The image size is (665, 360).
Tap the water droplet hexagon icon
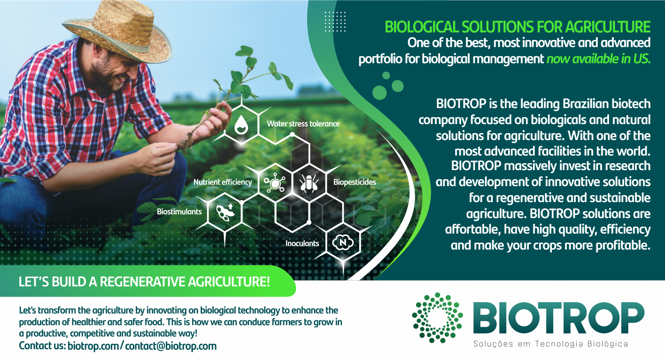(241, 125)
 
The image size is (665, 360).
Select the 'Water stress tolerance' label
(303, 124)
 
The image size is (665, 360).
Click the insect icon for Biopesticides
(309, 182)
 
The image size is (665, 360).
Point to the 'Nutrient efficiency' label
(223, 182)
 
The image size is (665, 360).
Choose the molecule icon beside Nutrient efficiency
(275, 183)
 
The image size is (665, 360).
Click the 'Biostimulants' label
(179, 212)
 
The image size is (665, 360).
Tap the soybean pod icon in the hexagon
(225, 212)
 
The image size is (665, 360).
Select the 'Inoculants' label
(302, 243)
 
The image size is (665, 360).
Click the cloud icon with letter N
(343, 243)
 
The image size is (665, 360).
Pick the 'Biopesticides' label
(355, 182)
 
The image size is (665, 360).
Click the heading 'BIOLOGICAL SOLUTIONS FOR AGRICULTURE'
(518, 27)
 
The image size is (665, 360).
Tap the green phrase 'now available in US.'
(598, 59)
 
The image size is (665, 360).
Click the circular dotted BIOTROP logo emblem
(437, 318)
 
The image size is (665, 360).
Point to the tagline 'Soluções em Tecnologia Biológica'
(551, 344)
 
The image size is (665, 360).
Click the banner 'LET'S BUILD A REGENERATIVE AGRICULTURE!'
(144, 282)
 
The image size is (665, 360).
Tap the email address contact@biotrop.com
(170, 346)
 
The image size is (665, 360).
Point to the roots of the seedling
(186, 142)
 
